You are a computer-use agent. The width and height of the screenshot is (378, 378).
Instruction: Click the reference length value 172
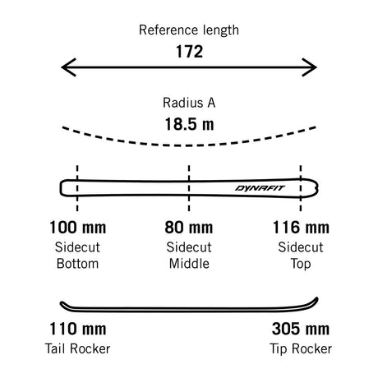point(189,52)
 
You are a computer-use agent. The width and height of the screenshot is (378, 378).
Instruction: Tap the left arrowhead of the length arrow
point(68,67)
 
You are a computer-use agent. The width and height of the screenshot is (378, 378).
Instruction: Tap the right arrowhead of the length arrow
point(310,67)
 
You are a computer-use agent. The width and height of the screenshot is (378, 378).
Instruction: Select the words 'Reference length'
point(189,30)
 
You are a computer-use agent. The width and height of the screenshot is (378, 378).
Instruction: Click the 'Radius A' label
point(189,103)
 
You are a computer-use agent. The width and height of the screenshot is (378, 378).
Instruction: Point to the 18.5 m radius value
point(189,124)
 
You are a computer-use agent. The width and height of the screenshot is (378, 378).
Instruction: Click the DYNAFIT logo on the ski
point(260,188)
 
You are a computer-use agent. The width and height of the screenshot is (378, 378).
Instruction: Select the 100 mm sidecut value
point(78,228)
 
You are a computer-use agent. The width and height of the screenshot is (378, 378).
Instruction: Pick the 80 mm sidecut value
point(189,228)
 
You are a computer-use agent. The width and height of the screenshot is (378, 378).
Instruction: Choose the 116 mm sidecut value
point(301,228)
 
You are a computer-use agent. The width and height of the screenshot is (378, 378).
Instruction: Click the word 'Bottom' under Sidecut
point(77,264)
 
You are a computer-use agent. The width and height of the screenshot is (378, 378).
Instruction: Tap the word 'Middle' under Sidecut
point(189,264)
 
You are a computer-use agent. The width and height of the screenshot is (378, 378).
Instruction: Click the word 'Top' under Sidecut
point(301,265)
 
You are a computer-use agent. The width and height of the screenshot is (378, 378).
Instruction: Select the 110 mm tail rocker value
point(78,329)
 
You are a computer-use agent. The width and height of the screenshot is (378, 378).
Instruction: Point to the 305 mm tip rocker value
point(301,329)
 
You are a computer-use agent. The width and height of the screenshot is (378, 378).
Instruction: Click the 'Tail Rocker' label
point(77,349)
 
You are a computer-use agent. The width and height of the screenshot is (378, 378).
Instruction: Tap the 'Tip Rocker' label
point(301,349)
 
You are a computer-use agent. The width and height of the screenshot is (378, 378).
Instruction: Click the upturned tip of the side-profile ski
point(316,300)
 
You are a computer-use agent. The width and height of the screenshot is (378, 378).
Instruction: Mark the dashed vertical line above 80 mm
point(189,188)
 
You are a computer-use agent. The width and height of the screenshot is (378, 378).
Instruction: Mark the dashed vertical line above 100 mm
point(77,188)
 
